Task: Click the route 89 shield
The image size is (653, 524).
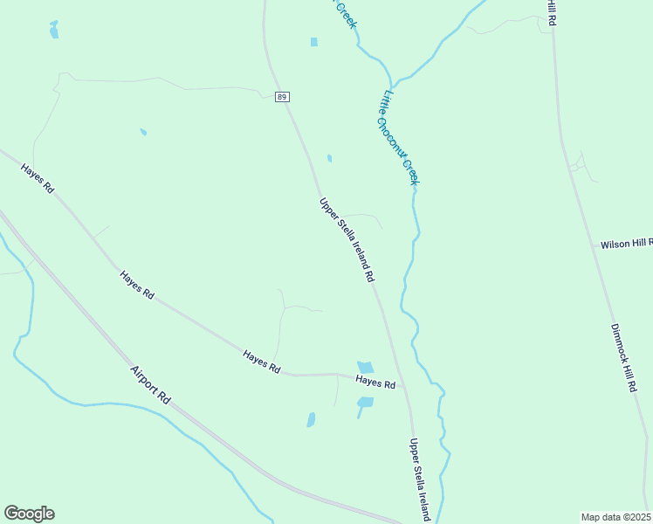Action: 281,97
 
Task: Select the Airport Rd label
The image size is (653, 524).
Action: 150,383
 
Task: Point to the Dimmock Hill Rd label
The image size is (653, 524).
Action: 622,359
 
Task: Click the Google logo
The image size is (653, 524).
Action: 29,514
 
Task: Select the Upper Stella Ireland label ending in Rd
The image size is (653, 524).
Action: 347,239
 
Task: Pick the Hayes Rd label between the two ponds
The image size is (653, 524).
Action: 376,383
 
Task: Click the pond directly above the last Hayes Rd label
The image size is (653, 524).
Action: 365,367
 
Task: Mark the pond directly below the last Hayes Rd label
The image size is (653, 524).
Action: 365,403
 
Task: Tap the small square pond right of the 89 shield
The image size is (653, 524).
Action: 313,42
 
